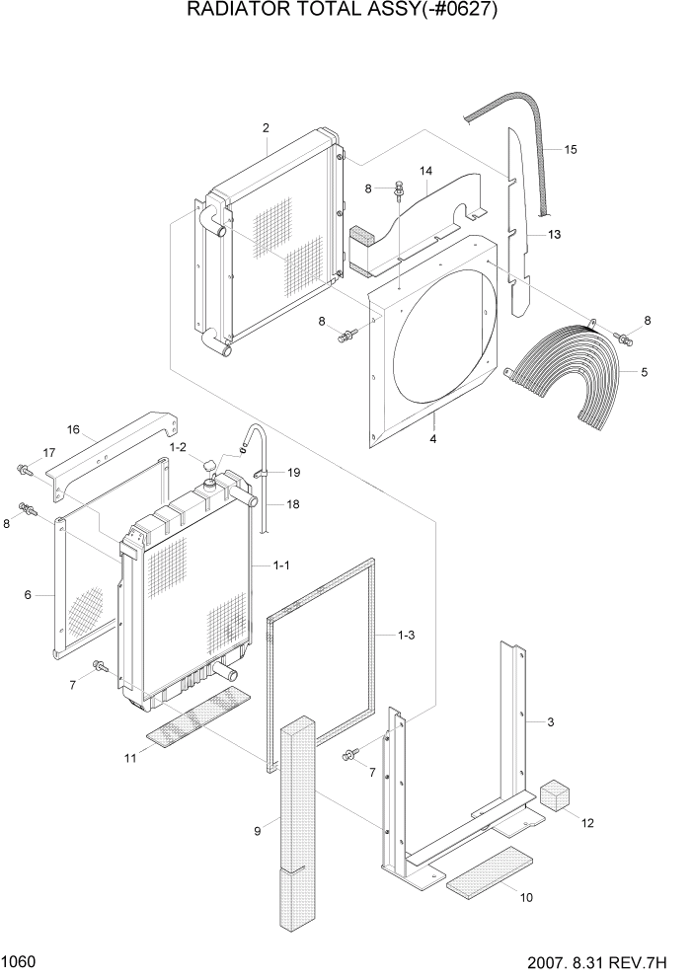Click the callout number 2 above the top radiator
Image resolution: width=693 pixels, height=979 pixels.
coord(266,128)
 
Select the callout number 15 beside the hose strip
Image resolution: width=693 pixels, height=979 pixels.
coord(571,149)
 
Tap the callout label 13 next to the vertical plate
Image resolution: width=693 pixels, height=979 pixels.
coord(554,234)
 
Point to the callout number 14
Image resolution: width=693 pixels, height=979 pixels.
coord(426,171)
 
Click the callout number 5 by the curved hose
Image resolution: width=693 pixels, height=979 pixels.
coord(645,372)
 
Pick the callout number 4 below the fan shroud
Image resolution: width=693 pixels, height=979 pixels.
coord(432,438)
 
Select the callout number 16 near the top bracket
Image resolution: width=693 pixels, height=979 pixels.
coord(72,429)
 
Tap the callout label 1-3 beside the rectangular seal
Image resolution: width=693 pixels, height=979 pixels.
coord(407,635)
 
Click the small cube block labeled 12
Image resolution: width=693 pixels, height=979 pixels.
coord(556,795)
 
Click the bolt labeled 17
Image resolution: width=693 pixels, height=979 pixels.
coord(25,471)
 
